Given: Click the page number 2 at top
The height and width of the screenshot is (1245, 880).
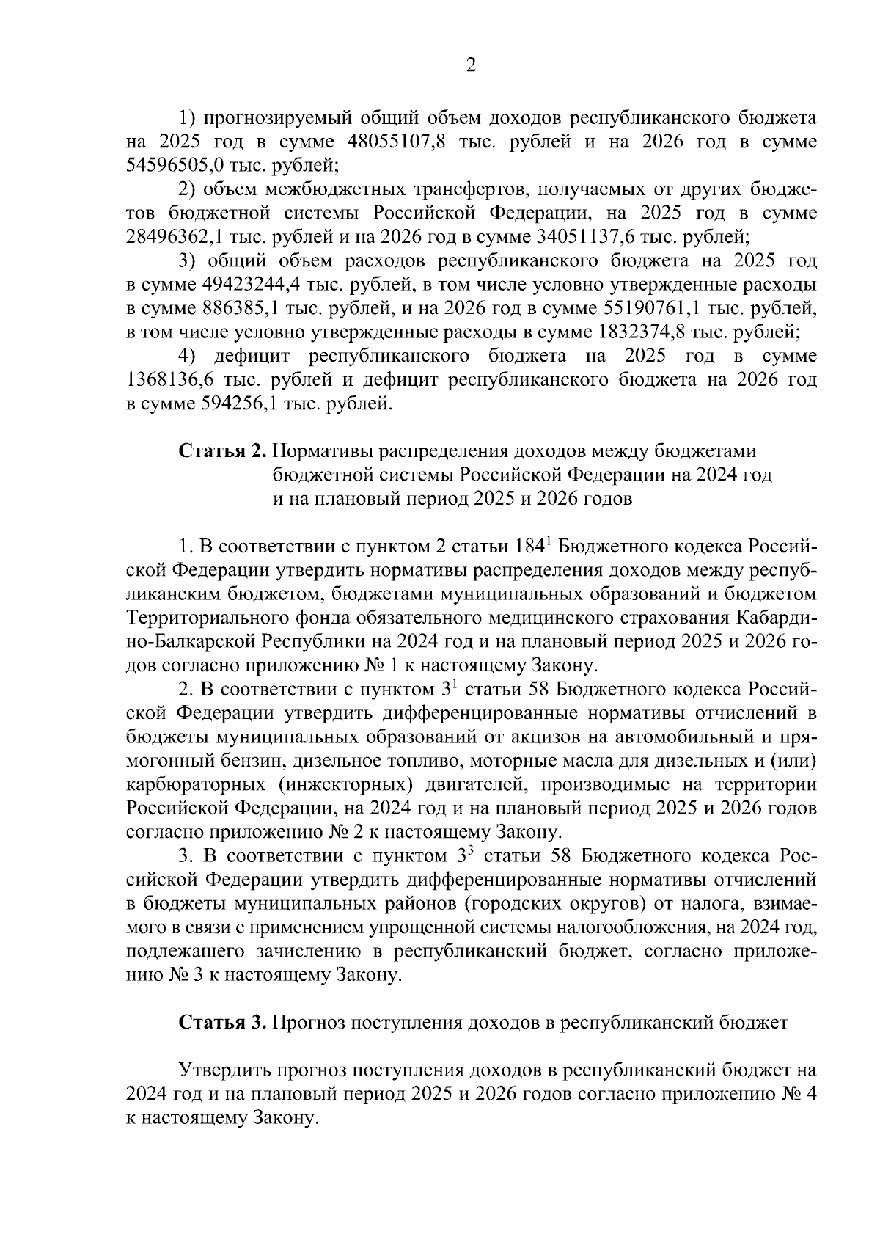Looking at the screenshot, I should pos(471,66).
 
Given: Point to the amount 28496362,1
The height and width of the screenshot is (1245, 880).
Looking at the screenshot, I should pos(176,237).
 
